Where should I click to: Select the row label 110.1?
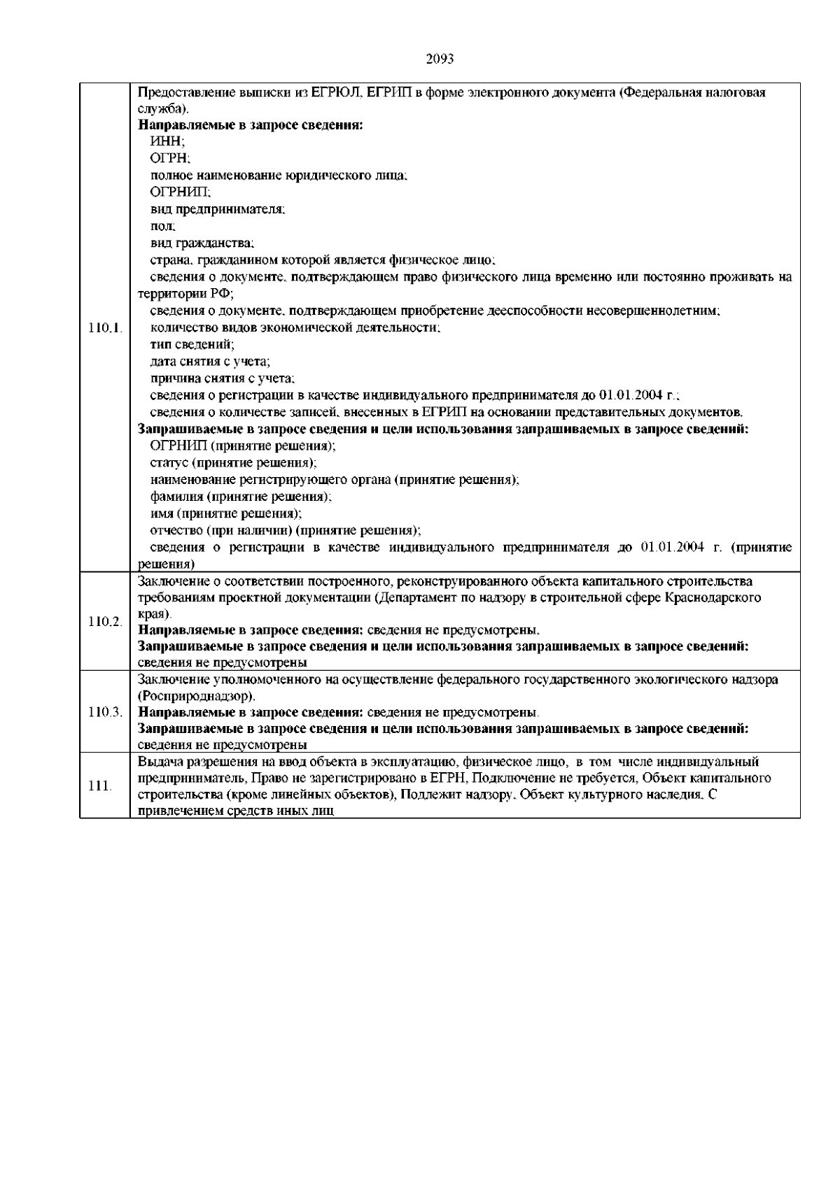pos(106,327)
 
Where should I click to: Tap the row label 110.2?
pos(106,622)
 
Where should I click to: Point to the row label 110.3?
pos(106,712)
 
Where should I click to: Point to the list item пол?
pos(163,227)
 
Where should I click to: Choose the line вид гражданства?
pos(202,243)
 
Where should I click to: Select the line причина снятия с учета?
pos(222,378)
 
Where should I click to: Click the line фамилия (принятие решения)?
pos(241,497)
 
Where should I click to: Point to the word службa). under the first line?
pos(163,109)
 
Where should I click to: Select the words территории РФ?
pos(186,294)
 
